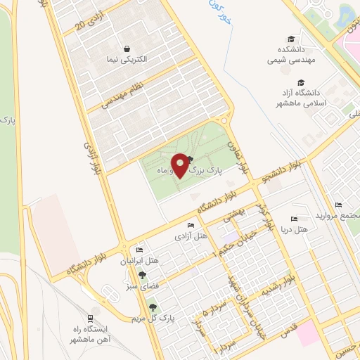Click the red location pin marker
[180, 165]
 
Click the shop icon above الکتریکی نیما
[127, 49]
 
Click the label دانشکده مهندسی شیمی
[289, 56]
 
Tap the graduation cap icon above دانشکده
[290, 39]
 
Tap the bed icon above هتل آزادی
[191, 225]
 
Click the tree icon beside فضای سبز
[143, 276]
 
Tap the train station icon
[94, 317]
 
